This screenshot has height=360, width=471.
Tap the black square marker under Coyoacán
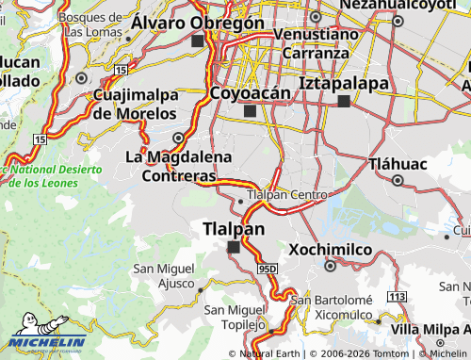click(x=249, y=111)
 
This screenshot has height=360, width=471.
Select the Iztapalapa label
click(x=344, y=84)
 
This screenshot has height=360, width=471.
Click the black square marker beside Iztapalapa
click(x=344, y=101)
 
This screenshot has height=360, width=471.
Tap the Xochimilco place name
click(x=330, y=250)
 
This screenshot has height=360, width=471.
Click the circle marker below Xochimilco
click(x=330, y=266)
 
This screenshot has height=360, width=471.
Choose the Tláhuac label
click(x=398, y=163)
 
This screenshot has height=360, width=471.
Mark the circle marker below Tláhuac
click(x=398, y=179)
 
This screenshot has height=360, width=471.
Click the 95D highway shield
click(x=267, y=269)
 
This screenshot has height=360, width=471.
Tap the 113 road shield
click(x=397, y=297)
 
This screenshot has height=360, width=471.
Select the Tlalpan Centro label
click(x=285, y=196)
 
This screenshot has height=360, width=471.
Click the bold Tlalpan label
click(x=234, y=229)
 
